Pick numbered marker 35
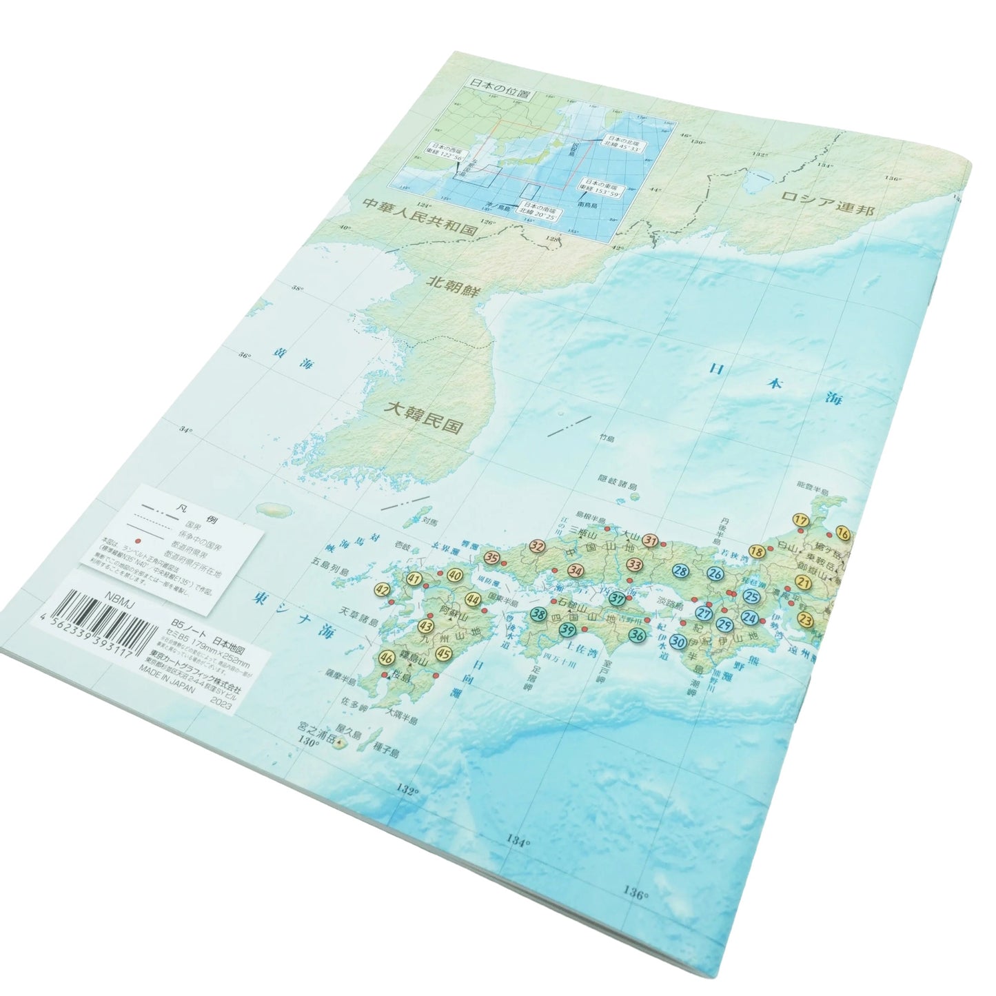point(491,558)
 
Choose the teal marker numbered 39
point(567,629)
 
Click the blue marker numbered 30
point(678,641)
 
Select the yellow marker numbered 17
point(800,520)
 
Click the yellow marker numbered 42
point(382,590)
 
